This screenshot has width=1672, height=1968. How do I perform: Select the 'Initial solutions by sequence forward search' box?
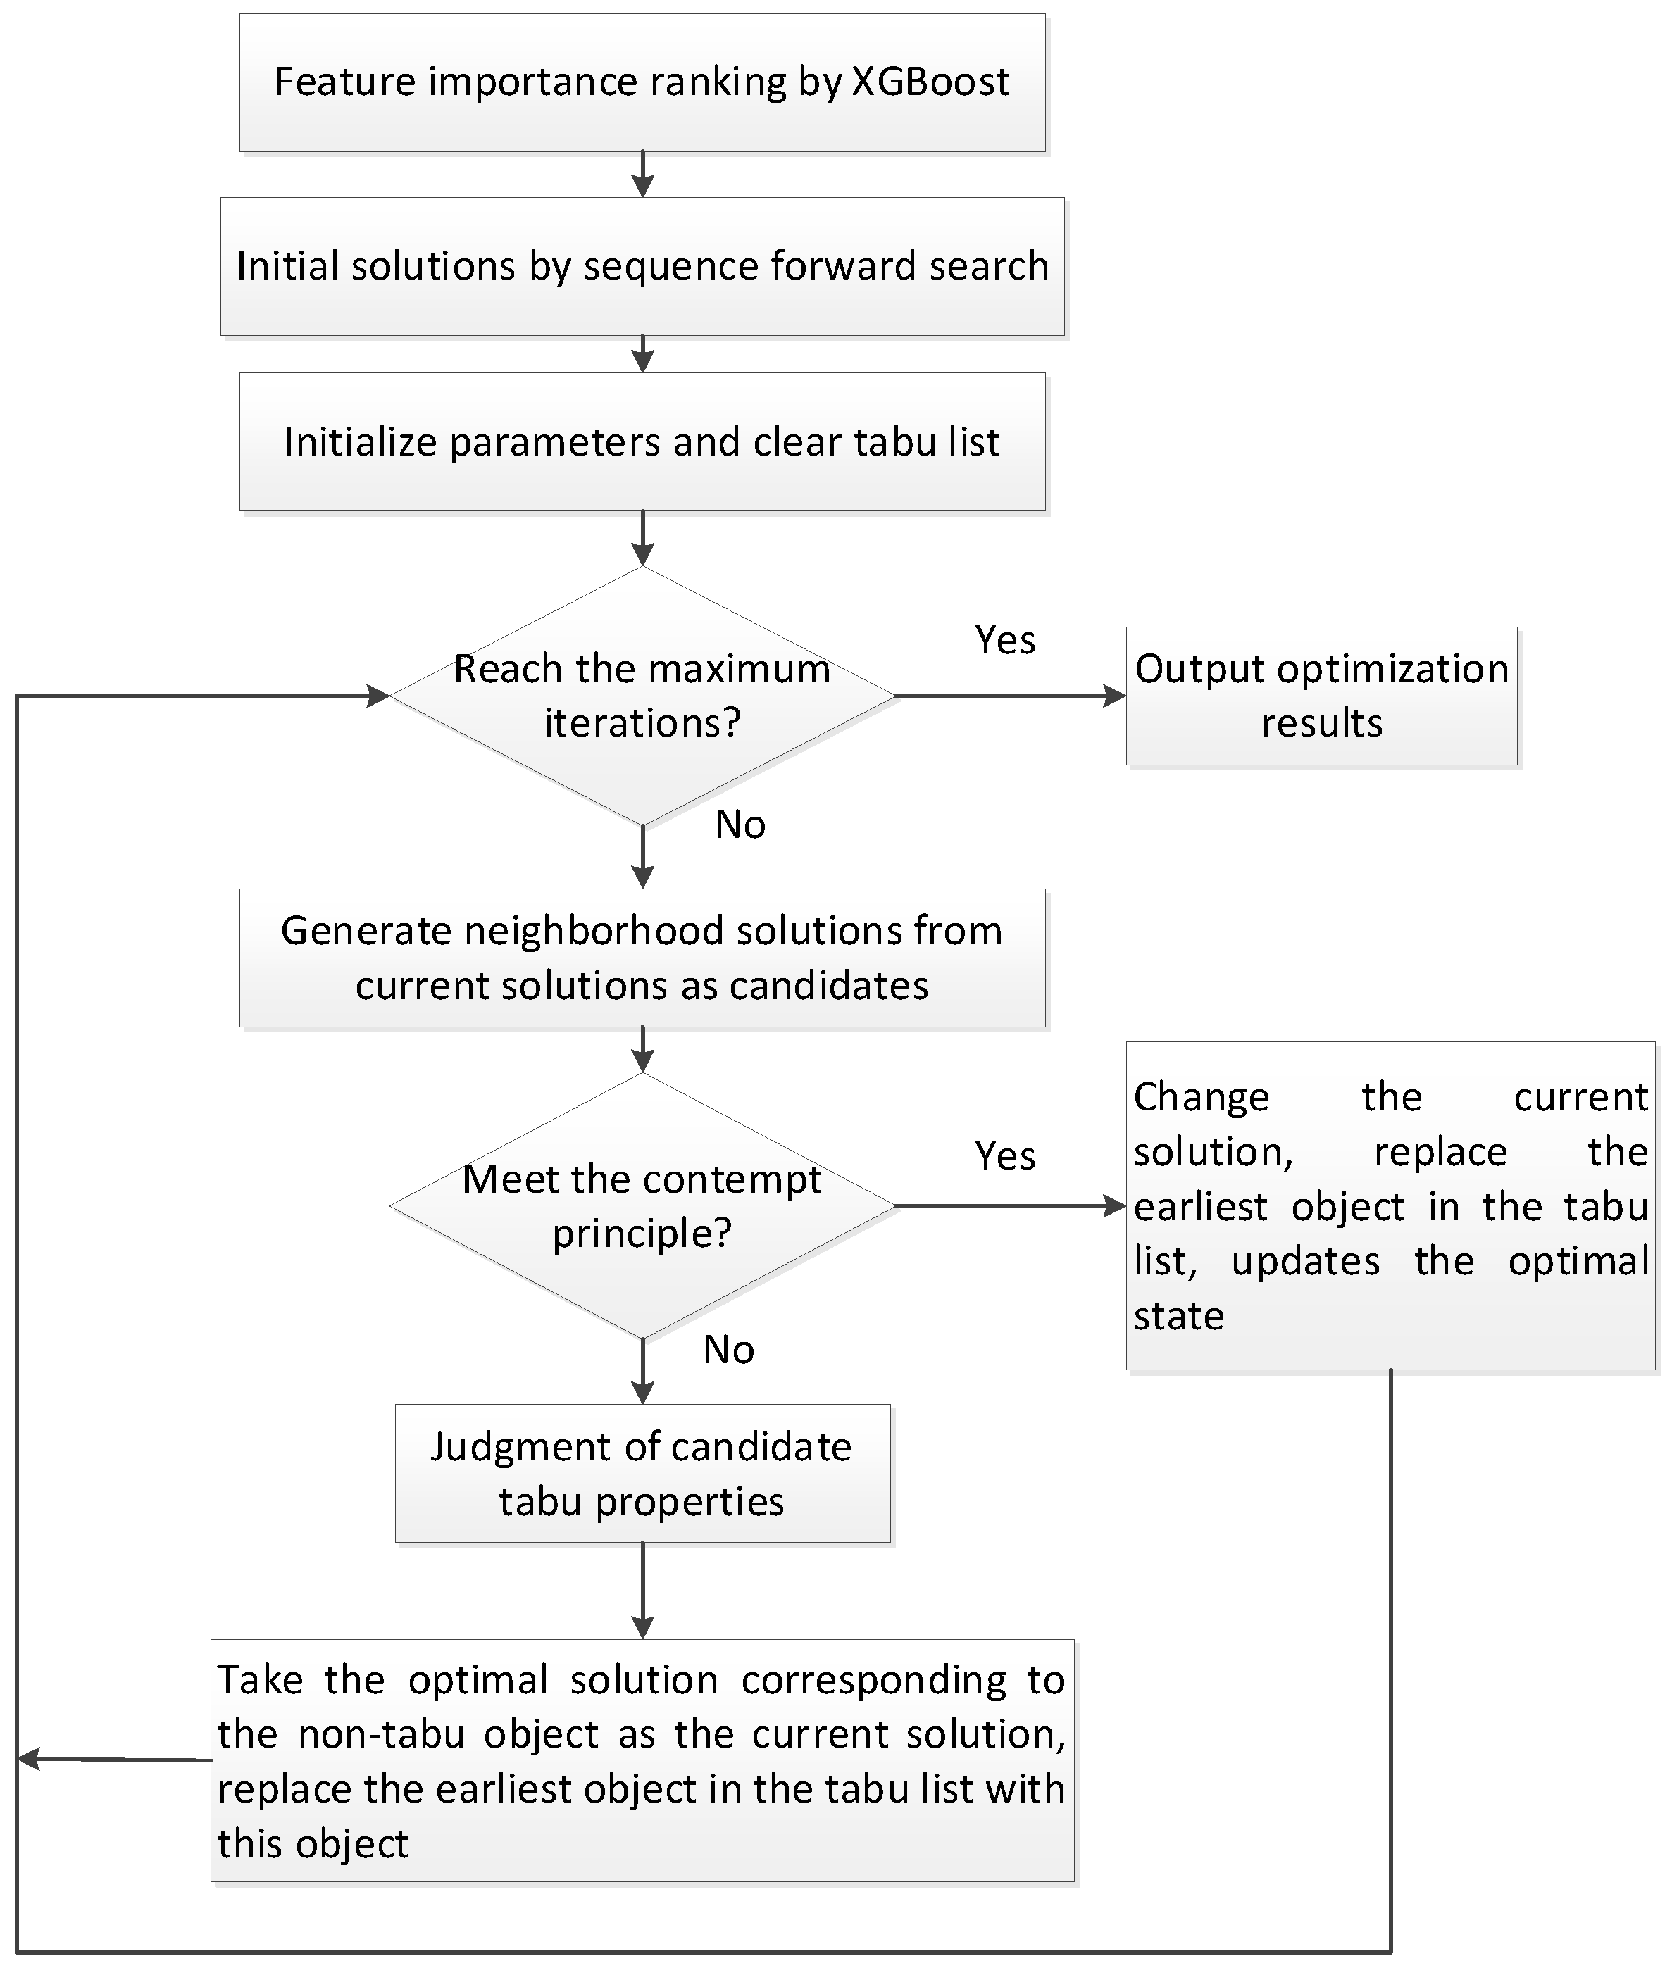coord(642,266)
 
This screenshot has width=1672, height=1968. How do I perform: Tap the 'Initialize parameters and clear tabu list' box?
coord(642,441)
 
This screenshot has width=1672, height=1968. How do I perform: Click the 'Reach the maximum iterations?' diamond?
coord(642,696)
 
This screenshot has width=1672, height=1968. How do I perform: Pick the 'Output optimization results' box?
coord(1321,696)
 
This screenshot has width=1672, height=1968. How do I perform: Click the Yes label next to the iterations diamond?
coord(1005,641)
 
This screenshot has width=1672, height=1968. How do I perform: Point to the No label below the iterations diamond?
coord(740,825)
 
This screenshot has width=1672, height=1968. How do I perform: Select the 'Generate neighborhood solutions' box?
coord(642,958)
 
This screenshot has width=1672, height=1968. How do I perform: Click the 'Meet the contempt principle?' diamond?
coord(642,1205)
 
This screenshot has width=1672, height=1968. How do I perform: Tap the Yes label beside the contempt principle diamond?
coord(1005,1156)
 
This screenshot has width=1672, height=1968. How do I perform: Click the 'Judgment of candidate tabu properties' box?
coord(642,1474)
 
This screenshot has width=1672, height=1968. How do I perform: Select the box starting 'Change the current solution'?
coord(1390,1205)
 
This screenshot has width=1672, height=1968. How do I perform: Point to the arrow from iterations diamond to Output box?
coord(1009,696)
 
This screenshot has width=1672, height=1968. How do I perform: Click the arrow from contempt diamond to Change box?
coord(1009,1206)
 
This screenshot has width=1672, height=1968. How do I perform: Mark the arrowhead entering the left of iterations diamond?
coord(378,696)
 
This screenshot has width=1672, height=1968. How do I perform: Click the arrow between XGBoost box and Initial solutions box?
coord(642,175)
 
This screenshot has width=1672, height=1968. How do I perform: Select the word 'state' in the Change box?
coord(1178,1316)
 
